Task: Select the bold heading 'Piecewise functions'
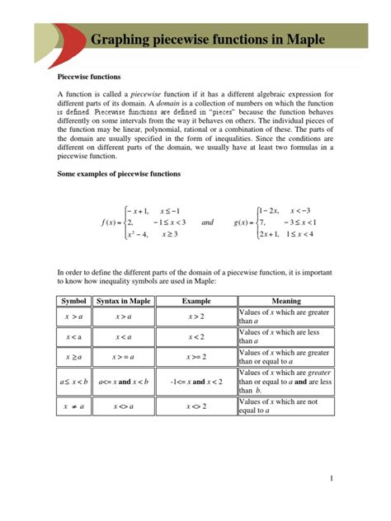(88, 76)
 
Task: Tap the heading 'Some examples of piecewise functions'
(117, 174)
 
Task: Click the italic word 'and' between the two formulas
(208, 223)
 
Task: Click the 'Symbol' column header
(74, 301)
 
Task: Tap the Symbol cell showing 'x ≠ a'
(74, 406)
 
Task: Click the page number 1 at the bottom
(331, 479)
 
